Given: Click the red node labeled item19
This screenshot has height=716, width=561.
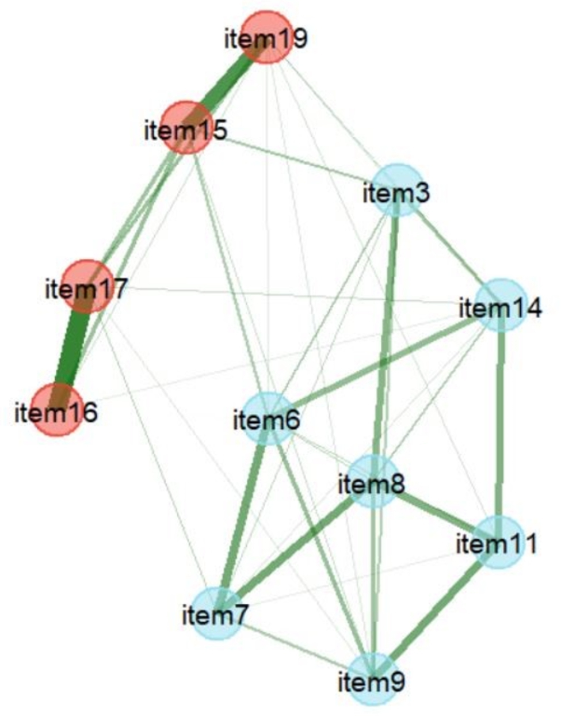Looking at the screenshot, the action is point(266,37).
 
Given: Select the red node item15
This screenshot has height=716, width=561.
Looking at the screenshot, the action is point(186,128).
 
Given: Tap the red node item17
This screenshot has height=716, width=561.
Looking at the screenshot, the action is point(86,286).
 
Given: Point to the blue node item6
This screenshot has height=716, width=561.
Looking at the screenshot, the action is point(268,418).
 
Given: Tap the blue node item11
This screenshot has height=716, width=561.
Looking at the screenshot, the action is point(496,542).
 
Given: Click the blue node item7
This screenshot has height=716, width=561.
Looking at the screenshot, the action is point(216,614).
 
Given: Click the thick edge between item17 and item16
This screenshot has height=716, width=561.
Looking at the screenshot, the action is point(72,348).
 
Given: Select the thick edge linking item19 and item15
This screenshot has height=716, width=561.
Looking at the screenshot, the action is point(227,82).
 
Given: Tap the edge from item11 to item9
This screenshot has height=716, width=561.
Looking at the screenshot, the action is point(435,611).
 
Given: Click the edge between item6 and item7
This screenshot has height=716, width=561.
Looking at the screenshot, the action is point(242,516).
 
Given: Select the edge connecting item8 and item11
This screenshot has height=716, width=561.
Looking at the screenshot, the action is point(435,511).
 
